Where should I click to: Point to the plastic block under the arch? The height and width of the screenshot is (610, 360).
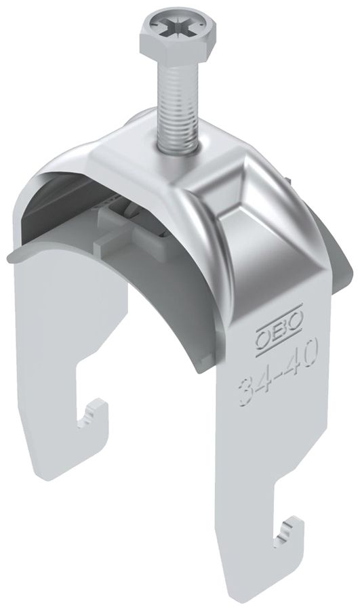tap(129, 220)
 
